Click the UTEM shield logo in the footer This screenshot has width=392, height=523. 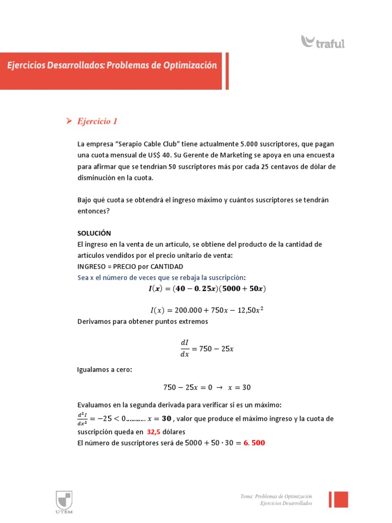[x=64, y=500]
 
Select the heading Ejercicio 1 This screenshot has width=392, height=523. [x=97, y=121]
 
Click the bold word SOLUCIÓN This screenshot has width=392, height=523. [x=94, y=233]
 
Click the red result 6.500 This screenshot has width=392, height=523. [x=252, y=443]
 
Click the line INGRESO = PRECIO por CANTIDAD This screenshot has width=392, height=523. [x=130, y=267]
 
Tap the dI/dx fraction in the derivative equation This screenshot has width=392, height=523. [x=184, y=349]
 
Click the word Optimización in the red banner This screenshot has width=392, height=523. [x=190, y=65]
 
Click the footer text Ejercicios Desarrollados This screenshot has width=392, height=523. [x=286, y=504]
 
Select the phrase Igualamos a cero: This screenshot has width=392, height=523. [x=104, y=369]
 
